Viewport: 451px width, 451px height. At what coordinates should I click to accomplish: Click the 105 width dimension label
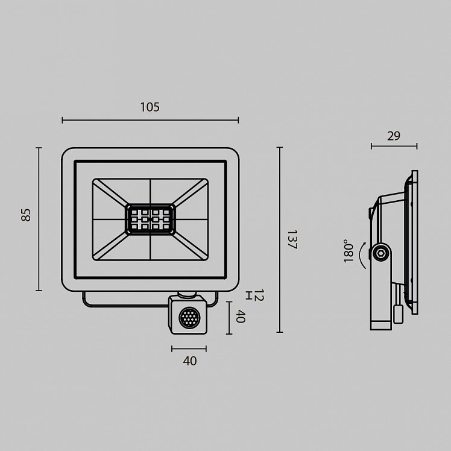(x=150, y=107)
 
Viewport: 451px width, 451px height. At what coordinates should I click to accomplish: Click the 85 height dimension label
(x=26, y=215)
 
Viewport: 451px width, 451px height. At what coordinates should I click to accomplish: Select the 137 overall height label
(x=292, y=239)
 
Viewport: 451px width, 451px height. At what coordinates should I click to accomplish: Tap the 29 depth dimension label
(x=394, y=136)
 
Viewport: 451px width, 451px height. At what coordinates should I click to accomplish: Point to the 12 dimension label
(x=259, y=295)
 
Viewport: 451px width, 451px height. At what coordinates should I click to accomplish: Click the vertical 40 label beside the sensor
(x=240, y=317)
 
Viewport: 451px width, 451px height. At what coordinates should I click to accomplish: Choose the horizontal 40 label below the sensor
(x=190, y=361)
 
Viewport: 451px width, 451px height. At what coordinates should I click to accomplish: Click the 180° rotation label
(x=348, y=251)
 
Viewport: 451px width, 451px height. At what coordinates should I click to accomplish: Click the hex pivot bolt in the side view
(x=381, y=253)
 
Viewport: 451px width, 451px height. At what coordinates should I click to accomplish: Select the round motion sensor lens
(x=189, y=318)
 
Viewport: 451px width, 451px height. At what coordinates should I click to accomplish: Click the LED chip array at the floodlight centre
(x=150, y=219)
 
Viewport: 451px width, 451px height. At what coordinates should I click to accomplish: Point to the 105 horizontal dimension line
(x=150, y=120)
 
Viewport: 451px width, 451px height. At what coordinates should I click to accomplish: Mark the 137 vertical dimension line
(x=280, y=239)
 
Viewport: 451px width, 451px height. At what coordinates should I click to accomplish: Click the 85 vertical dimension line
(x=39, y=219)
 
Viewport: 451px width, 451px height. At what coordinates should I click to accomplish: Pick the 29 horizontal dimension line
(x=394, y=147)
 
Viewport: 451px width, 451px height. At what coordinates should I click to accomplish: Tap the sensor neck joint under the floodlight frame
(x=187, y=294)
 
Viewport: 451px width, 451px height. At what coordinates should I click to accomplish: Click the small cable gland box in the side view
(x=398, y=314)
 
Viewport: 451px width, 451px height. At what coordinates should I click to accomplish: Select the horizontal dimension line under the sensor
(x=189, y=349)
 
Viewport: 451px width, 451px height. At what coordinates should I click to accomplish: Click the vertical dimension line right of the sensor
(x=229, y=318)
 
